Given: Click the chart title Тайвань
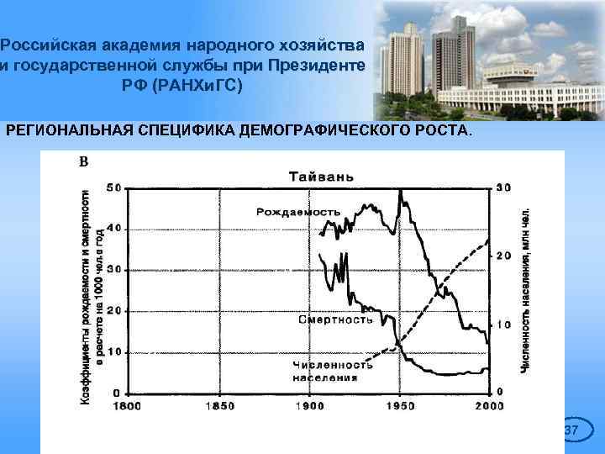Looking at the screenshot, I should tap(322, 177).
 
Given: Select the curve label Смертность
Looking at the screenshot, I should tap(335, 319).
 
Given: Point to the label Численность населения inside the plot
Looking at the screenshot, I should tap(333, 371).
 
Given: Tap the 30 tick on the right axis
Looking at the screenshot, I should tap(504, 187).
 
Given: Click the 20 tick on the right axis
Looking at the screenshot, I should tap(504, 256).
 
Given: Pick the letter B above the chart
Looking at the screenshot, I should tap(83, 161).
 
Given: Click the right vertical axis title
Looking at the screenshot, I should tap(525, 290).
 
